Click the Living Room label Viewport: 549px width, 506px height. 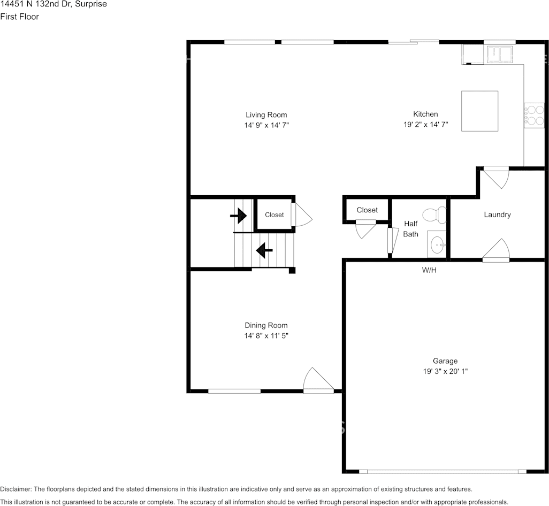pyautogui.click(x=266, y=115)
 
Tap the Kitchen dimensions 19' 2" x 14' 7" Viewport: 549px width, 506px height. pyautogui.click(x=425, y=125)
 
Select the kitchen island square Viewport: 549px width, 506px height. pyautogui.click(x=479, y=111)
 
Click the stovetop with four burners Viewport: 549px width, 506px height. pyautogui.click(x=534, y=116)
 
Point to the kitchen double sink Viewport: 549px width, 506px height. pyautogui.click(x=498, y=54)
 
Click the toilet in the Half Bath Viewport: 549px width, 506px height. pyautogui.click(x=434, y=214)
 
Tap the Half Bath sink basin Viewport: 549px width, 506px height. pyautogui.click(x=437, y=244)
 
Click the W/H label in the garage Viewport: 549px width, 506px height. pyautogui.click(x=429, y=270)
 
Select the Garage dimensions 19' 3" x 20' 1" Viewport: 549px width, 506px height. pyautogui.click(x=445, y=371)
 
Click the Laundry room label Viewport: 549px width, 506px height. pyautogui.click(x=497, y=214)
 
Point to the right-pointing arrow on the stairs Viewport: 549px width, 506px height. pyautogui.click(x=239, y=216)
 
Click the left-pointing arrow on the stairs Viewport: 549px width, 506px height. pyautogui.click(x=264, y=250)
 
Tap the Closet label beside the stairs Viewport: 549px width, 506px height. pyautogui.click(x=274, y=215)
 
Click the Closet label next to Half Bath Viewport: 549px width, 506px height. pyautogui.click(x=367, y=210)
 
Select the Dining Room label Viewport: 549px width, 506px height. pyautogui.click(x=266, y=325)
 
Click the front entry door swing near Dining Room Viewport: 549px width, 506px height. pyautogui.click(x=318, y=380)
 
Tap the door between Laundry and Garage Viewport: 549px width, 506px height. pyautogui.click(x=496, y=250)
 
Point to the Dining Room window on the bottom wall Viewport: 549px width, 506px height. pyautogui.click(x=234, y=391)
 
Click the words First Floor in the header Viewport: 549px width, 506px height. pyautogui.click(x=20, y=17)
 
